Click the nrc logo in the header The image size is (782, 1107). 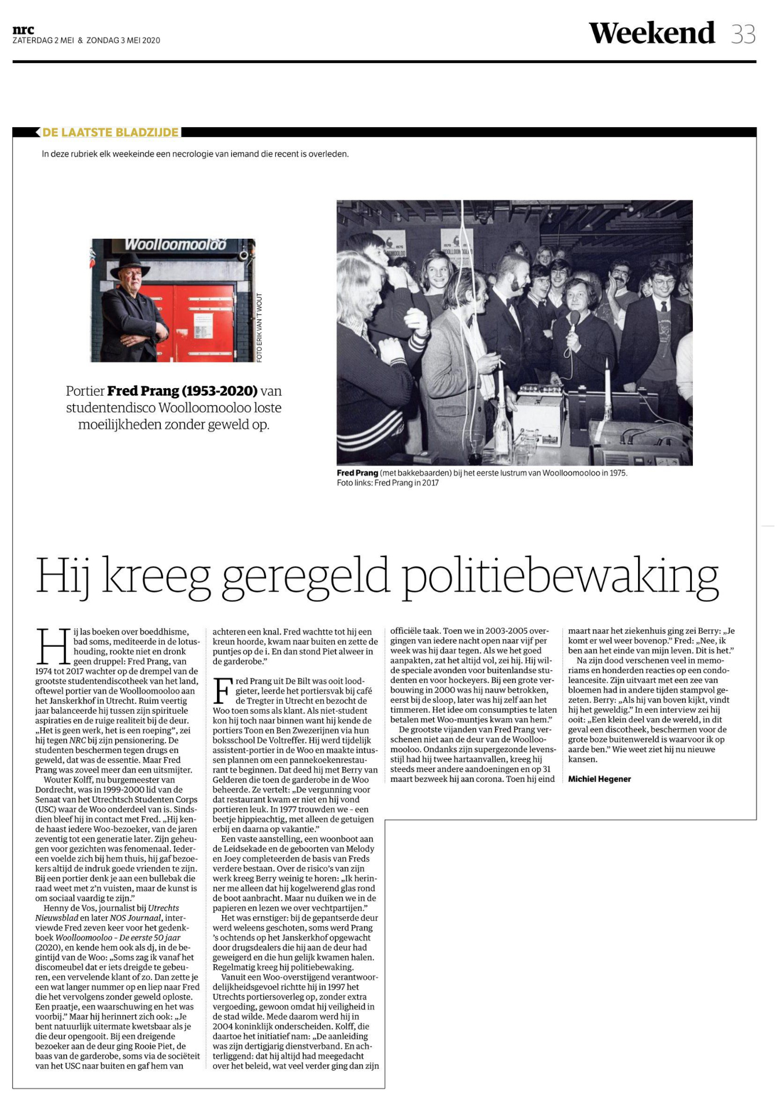click(23, 29)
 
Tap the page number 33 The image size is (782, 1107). click(743, 34)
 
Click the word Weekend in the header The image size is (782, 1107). click(652, 33)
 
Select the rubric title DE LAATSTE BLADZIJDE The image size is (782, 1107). click(110, 132)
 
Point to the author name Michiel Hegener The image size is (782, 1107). click(599, 779)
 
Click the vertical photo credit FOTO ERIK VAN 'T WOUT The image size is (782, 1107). click(260, 327)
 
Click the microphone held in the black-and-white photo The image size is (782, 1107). click(574, 320)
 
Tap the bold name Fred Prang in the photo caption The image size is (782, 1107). click(357, 473)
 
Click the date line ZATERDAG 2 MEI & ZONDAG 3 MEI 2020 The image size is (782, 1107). click(86, 40)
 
